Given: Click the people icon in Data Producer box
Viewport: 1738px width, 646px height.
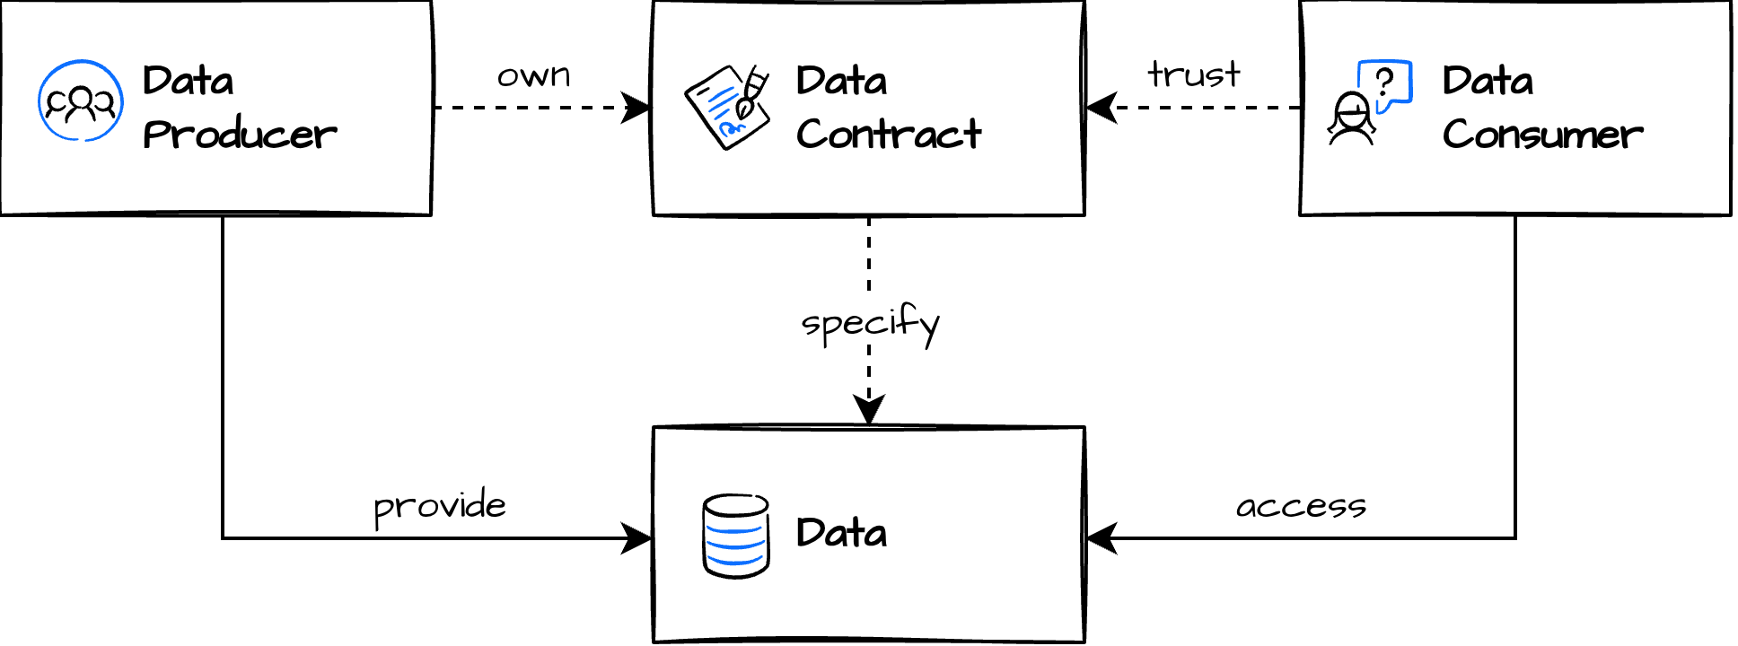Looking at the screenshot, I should pos(81,101).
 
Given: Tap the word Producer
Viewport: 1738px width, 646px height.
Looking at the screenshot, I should pos(240,135).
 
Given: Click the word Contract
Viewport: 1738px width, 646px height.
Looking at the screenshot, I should pos(889,135).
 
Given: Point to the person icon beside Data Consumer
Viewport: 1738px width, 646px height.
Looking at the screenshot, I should pos(1352,119).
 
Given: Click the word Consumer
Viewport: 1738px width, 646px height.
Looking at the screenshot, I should pos(1542,135).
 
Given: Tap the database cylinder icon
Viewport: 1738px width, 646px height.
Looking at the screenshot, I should pos(736,536).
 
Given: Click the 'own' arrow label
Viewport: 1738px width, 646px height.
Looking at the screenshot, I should pos(534,75).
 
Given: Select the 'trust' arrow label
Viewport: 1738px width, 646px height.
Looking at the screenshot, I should pos(1194,74).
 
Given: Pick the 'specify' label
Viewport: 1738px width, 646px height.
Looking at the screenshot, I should pos(870,323).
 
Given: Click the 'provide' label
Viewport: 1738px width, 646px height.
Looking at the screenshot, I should pos(440,506).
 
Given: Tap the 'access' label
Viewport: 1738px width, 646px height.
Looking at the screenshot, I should pos(1301,507).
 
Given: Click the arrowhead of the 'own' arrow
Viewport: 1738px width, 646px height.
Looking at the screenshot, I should pos(639,108).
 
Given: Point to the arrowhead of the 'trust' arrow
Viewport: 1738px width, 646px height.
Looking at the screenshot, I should pos(1099,108).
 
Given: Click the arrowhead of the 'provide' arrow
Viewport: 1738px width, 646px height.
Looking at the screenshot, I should pos(639,538).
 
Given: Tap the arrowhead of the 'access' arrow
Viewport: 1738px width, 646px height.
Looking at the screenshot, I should pos(1099,538).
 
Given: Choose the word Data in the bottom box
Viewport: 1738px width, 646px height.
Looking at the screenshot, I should pos(841,533).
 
